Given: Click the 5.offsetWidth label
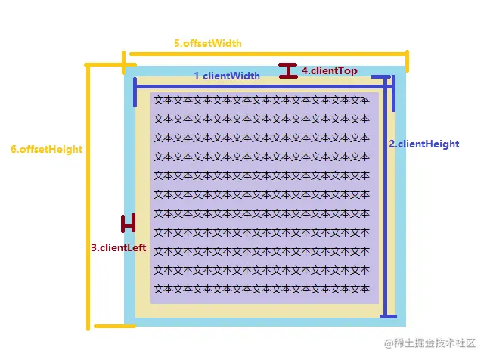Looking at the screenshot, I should pos(208,43).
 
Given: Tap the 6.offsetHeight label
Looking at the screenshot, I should pos(46,149).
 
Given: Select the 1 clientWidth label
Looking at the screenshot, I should pos(227,76).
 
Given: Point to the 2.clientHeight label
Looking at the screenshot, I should pos(423,144).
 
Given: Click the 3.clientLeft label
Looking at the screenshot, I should pos(119,247).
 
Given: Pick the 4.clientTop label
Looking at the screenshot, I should pos(330,70).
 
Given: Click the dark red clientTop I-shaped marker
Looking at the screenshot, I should pos(288,71).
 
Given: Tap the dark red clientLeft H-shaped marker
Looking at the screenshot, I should pos(128,223).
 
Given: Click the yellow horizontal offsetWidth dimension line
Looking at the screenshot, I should pos(268,54).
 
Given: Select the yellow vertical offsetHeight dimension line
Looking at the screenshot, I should pos(89,197).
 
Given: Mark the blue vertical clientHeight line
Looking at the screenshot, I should pos(387,197).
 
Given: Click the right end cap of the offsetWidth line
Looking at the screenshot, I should pos(407,61).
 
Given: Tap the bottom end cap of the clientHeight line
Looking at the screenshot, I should pos(387,315).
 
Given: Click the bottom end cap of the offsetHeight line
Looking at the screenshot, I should pos(110,327).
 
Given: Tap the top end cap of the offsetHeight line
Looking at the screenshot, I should pos(106,65).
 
